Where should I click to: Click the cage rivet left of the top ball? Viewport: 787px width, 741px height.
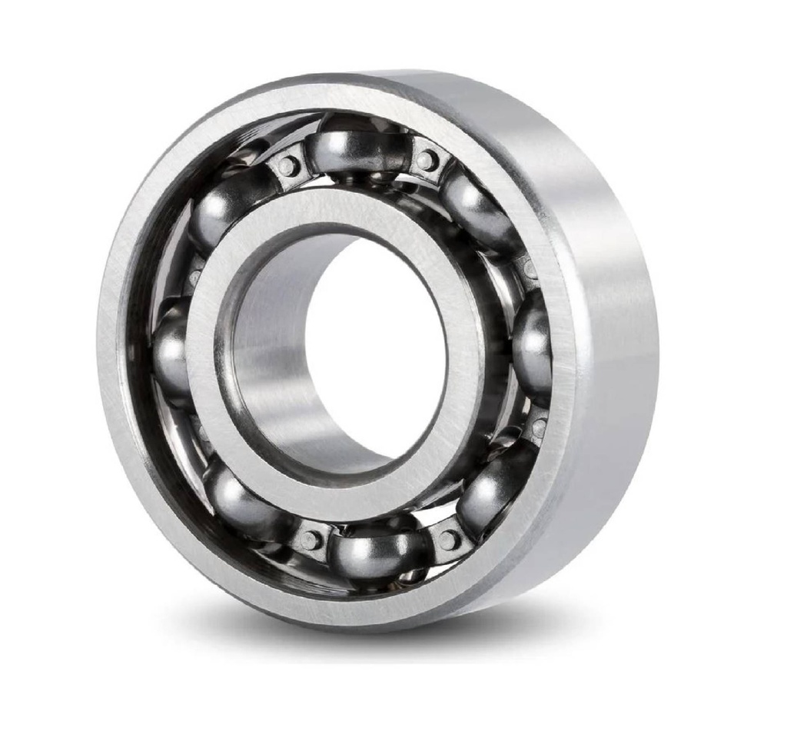(x=287, y=165)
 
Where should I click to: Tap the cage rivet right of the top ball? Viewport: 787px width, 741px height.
(x=427, y=161)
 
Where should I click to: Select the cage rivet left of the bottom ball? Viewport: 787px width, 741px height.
(x=310, y=540)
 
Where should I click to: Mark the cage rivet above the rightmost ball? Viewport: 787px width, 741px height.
(x=530, y=269)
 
